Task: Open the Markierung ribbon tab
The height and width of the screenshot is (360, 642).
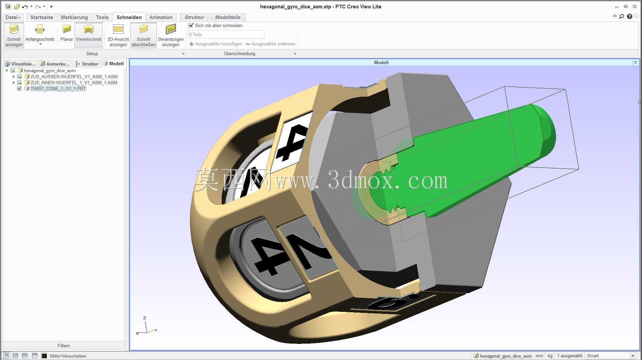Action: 74,17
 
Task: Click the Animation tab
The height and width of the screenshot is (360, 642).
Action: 161,17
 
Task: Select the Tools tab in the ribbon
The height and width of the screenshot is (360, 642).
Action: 102,17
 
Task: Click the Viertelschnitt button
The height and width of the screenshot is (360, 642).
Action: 89,35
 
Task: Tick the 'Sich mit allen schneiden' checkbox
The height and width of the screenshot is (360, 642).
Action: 191,25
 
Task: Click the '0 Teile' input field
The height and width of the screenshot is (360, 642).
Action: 226,34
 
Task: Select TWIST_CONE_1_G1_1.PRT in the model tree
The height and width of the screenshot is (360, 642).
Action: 58,89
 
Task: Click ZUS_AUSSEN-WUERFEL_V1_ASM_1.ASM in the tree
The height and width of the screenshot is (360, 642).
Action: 74,77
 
